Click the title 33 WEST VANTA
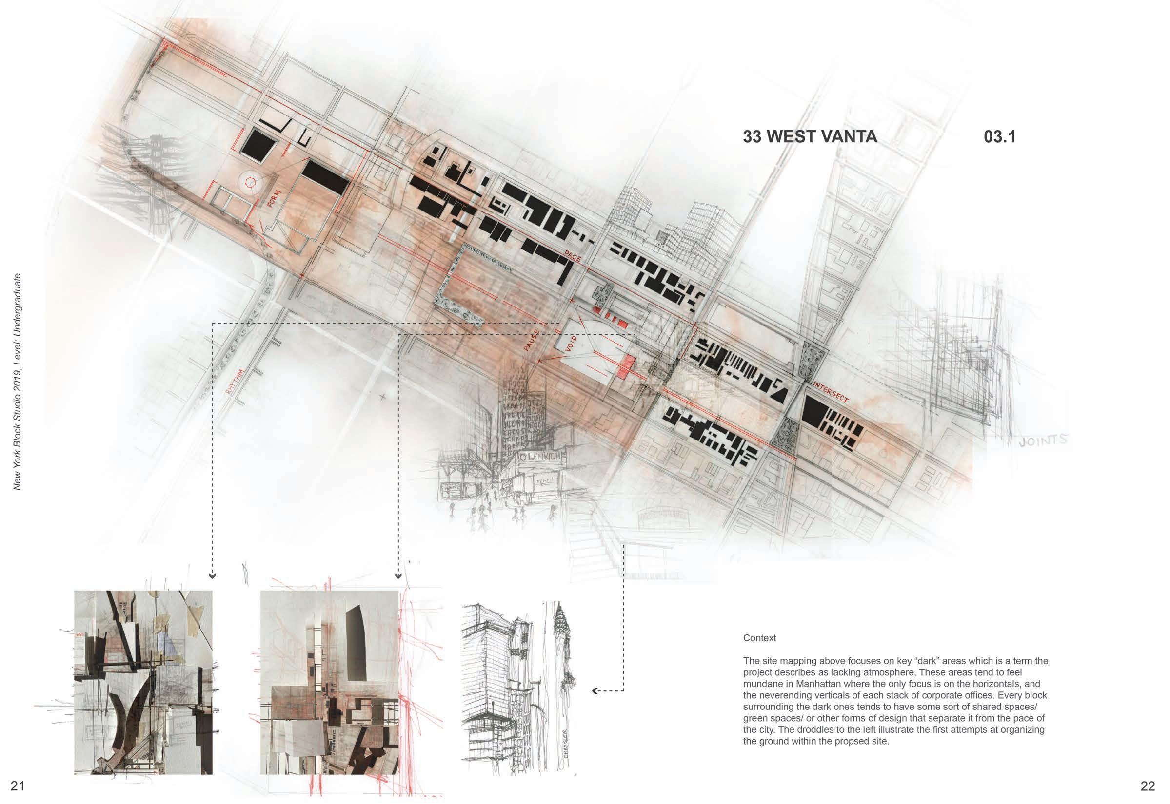tap(810, 137)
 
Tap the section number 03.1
tap(999, 137)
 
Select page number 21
tap(18, 786)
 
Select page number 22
tap(1147, 786)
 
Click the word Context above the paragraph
tap(759, 638)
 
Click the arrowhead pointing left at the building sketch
tap(595, 690)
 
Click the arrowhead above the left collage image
tap(212, 576)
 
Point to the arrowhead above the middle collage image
tap(398, 576)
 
